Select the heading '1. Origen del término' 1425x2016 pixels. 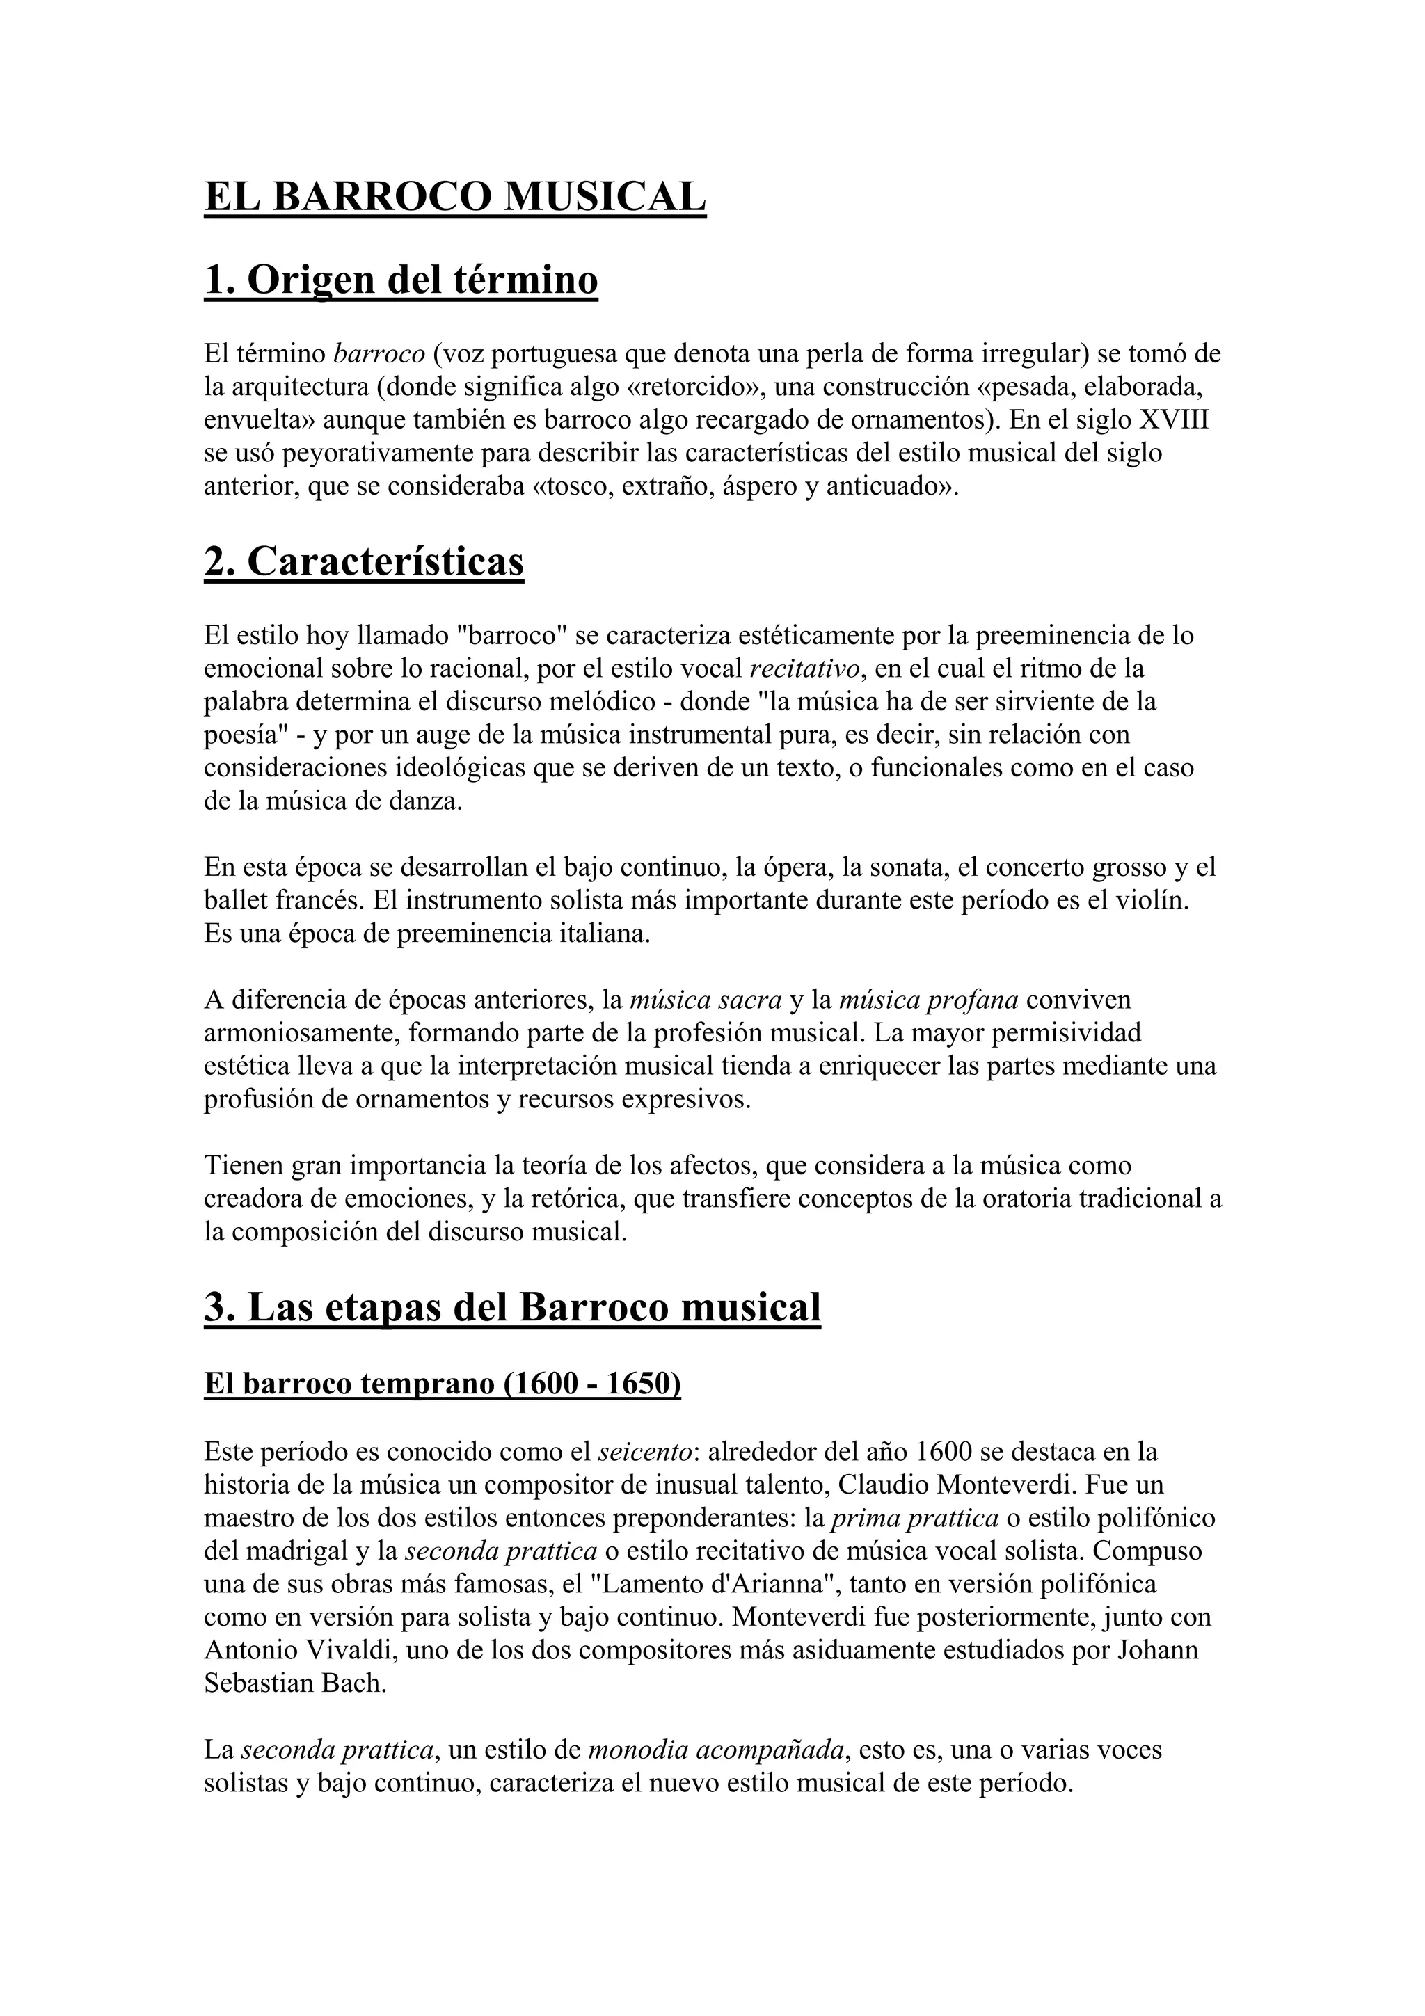(400, 280)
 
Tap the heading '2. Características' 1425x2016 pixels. (363, 562)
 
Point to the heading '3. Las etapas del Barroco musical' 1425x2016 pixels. (512, 1307)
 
